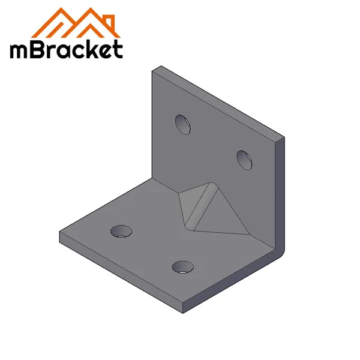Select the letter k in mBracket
coord(91,48)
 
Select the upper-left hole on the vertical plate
coord(183,123)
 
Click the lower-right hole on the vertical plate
coord(244,159)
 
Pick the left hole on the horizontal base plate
coord(122,230)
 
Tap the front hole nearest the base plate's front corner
coord(182,266)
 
